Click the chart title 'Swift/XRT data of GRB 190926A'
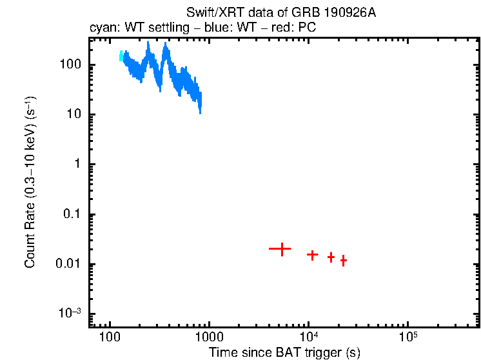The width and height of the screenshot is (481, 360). tap(280, 13)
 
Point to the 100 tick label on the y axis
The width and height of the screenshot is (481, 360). tap(69, 65)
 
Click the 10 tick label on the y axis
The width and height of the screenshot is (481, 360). tap(73, 115)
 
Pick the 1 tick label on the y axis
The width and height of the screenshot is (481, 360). tap(77, 165)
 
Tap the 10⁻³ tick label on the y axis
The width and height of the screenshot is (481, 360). tap(68, 314)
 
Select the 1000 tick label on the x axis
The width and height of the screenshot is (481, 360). tap(209, 337)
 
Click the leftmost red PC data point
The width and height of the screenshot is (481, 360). tap(281, 248)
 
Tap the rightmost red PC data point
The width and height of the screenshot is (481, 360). tap(344, 261)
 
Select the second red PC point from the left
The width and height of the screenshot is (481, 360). tap(313, 255)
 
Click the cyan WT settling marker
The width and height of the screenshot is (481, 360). tap(121, 57)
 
